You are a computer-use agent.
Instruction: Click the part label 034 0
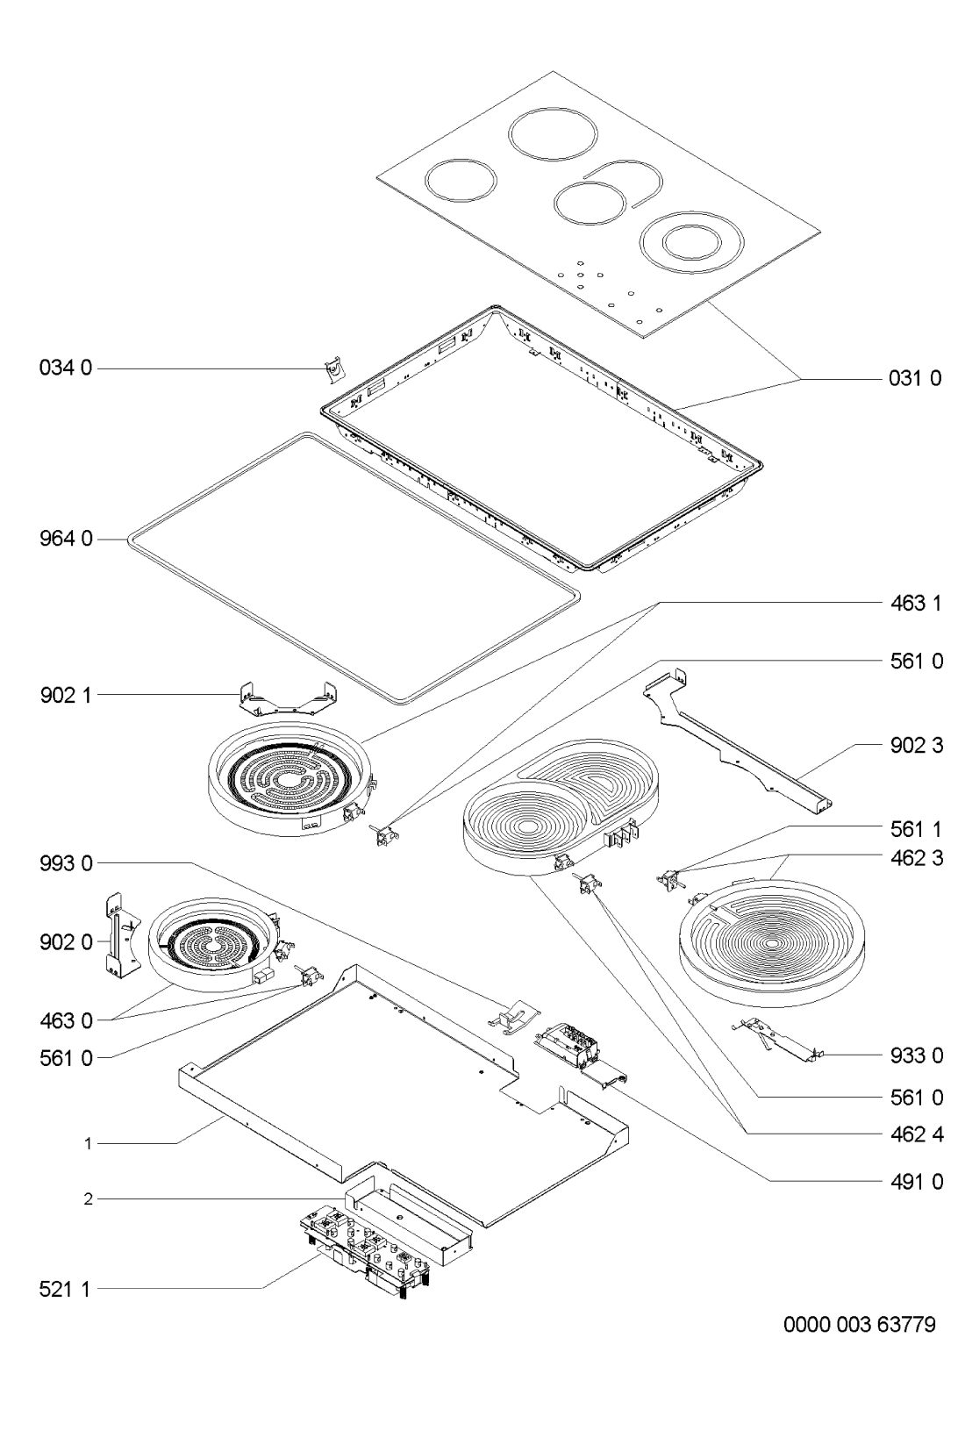tap(66, 368)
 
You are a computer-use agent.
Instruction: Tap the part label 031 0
tap(915, 378)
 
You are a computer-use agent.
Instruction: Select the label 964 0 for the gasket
tap(66, 539)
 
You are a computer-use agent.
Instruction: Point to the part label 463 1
tap(915, 603)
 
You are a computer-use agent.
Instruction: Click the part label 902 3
tap(916, 745)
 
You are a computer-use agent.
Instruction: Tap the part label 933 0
tap(916, 1056)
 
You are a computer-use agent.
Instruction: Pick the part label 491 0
tap(916, 1182)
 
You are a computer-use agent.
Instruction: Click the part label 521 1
tap(65, 1290)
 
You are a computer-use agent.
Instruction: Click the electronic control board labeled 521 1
tap(365, 1252)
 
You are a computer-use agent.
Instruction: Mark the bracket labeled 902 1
tap(288, 698)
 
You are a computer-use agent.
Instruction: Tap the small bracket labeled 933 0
tap(776, 1040)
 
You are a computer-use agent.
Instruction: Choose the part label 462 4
tap(916, 1134)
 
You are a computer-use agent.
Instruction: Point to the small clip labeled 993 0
tap(513, 1017)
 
